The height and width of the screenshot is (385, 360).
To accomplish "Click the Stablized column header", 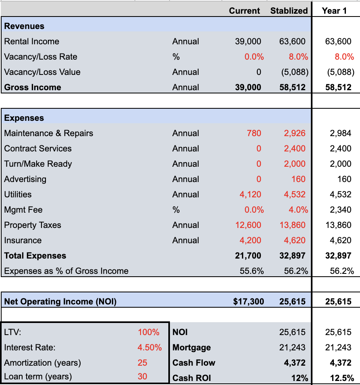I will [x=289, y=11].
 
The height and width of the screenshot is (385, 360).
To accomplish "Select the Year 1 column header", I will [x=334, y=11].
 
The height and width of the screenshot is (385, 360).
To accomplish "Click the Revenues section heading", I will [x=24, y=26].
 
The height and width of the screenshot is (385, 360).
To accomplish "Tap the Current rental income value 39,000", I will [x=248, y=41].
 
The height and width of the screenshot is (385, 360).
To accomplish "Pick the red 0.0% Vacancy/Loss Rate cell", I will [x=254, y=57].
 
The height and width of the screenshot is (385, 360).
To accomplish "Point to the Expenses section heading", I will [x=24, y=118].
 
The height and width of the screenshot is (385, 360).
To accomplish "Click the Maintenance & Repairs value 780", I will [x=254, y=133].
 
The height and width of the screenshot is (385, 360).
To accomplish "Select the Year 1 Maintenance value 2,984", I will [x=340, y=133].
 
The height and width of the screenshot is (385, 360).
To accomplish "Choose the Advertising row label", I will [x=25, y=179].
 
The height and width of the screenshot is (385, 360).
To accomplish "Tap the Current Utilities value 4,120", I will [x=250, y=195].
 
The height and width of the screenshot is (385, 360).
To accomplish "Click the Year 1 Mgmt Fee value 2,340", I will [x=340, y=210].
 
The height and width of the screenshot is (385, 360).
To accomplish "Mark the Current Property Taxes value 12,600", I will [x=248, y=225].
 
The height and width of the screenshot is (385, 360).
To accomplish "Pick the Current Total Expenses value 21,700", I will [x=248, y=256].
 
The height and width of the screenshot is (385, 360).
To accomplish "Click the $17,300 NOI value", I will [x=248, y=302].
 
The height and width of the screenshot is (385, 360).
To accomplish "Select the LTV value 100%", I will [x=149, y=332].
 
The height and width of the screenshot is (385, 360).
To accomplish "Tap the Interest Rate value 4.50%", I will [x=149, y=348].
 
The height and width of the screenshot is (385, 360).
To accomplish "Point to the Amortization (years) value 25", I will [x=142, y=363].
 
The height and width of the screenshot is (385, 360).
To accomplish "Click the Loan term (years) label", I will [x=38, y=377].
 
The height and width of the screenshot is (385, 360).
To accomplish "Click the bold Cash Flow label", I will [x=194, y=363].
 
